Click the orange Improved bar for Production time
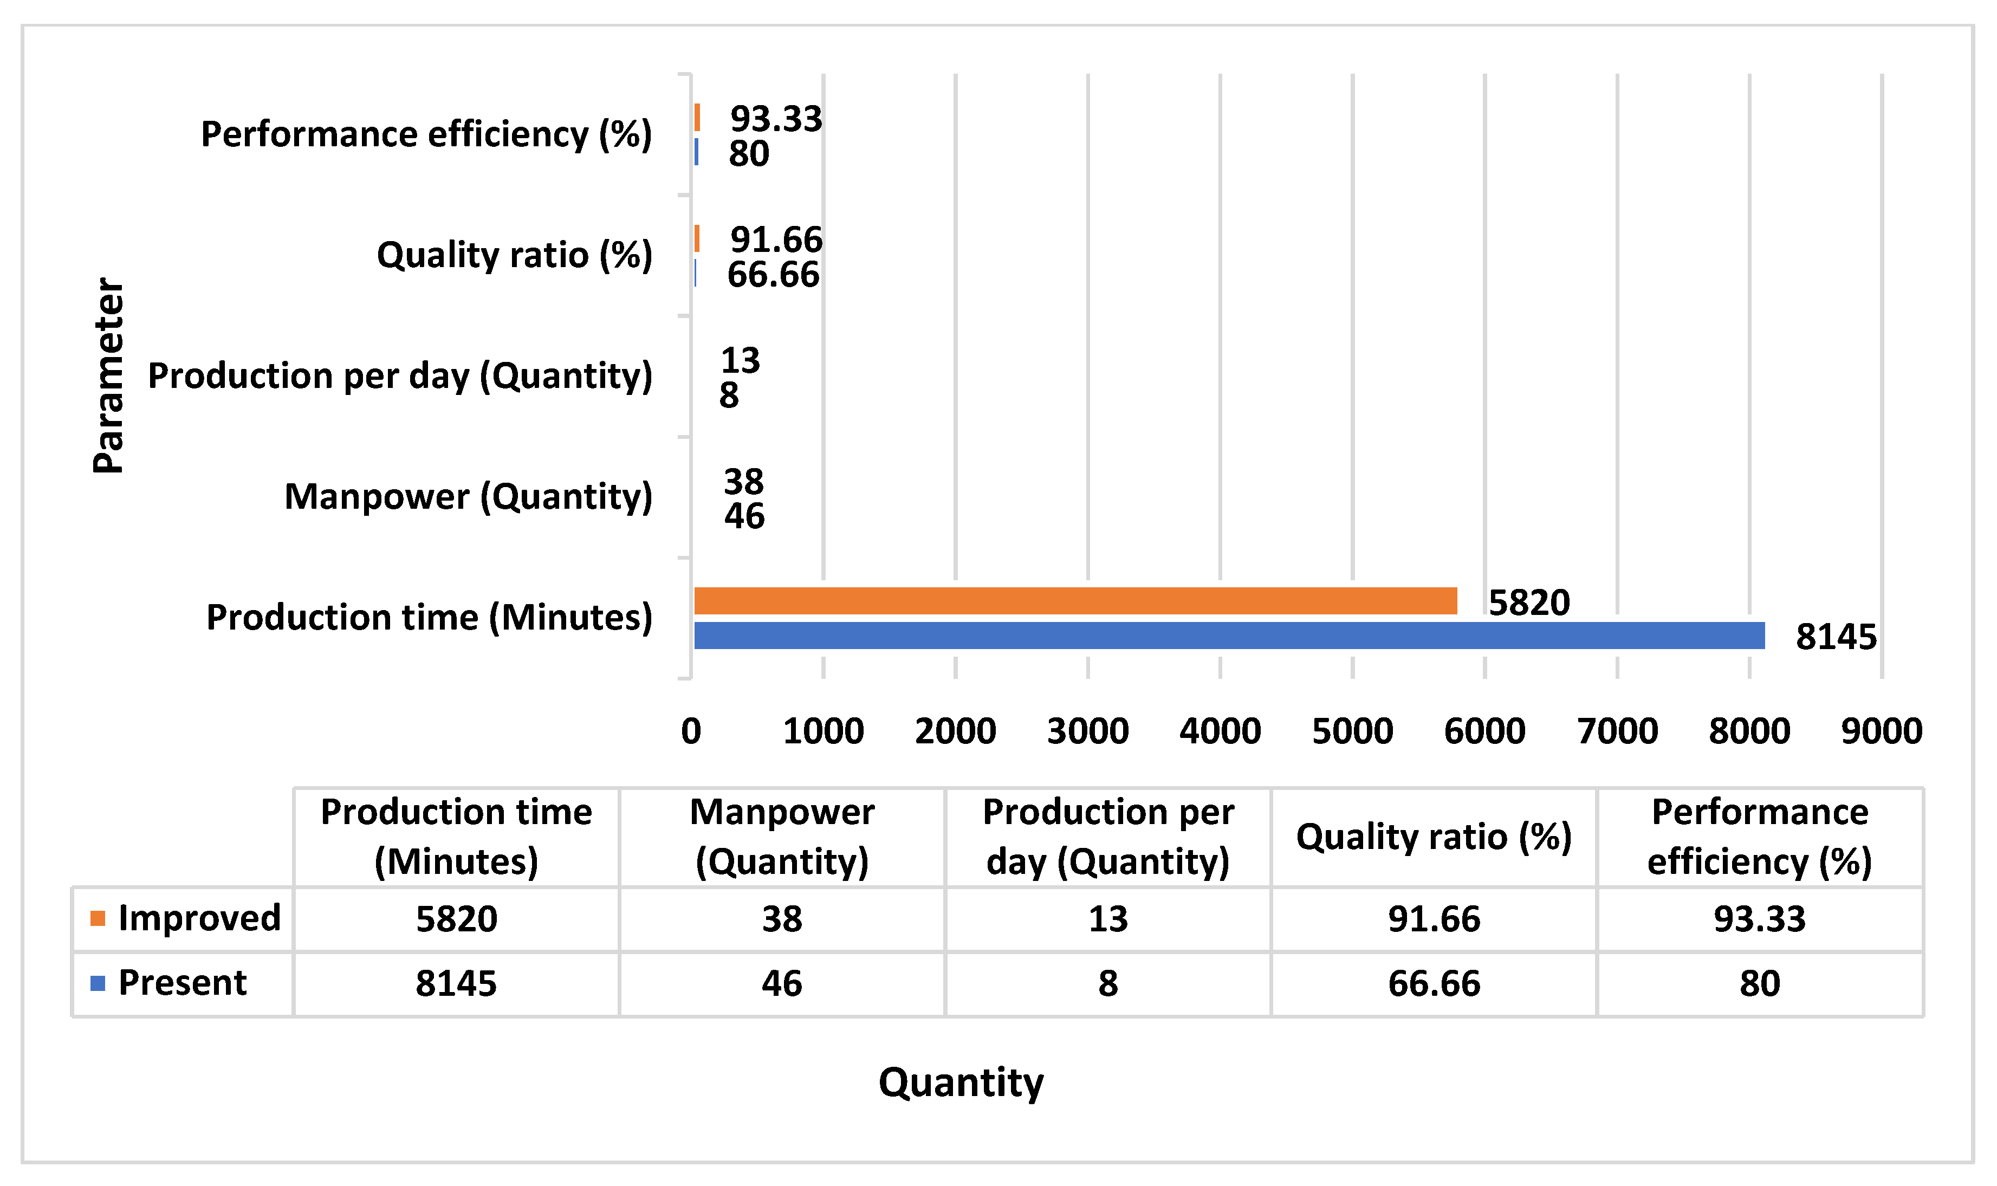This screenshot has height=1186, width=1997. pyautogui.click(x=1075, y=601)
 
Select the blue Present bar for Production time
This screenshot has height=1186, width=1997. pyautogui.click(x=1229, y=636)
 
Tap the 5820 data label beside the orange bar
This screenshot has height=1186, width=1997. pyautogui.click(x=1529, y=602)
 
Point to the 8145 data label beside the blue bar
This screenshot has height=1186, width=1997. pyautogui.click(x=1836, y=638)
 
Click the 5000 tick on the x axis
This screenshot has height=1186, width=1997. pyautogui.click(x=1352, y=731)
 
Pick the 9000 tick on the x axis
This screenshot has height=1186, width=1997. pyautogui.click(x=1881, y=731)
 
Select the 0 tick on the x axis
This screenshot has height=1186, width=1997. pyautogui.click(x=691, y=731)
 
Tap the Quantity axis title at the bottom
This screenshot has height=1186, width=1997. pyautogui.click(x=961, y=1083)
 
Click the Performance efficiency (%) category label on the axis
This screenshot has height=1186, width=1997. pyautogui.click(x=426, y=134)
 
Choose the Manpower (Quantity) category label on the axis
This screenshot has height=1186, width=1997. pyautogui.click(x=468, y=497)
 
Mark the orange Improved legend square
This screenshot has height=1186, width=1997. pyautogui.click(x=98, y=918)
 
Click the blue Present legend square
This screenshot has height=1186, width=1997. pyautogui.click(x=98, y=983)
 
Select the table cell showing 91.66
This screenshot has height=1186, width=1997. pyautogui.click(x=1434, y=919)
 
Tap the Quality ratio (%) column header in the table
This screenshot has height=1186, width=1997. pyautogui.click(x=1434, y=837)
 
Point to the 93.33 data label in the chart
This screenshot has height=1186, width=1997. pyautogui.click(x=775, y=119)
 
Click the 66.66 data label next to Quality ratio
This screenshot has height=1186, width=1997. pyautogui.click(x=773, y=275)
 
